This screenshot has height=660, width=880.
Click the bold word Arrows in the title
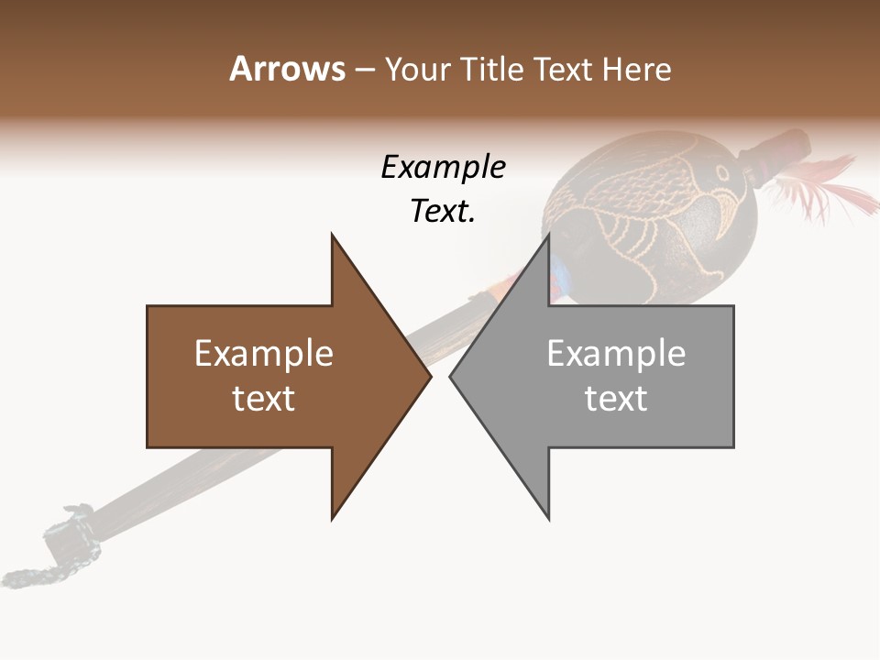(x=286, y=69)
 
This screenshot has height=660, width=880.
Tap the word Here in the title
(x=636, y=69)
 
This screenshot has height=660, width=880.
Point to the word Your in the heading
(x=417, y=70)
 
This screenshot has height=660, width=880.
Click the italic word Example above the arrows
(x=443, y=167)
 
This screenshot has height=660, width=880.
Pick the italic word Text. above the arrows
(x=443, y=212)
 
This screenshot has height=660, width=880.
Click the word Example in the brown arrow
(x=263, y=354)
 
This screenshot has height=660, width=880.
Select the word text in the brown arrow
(x=263, y=399)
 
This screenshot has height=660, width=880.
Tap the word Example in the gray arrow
(x=616, y=354)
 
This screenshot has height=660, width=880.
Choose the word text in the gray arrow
(x=616, y=399)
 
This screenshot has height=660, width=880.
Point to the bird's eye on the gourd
(x=724, y=172)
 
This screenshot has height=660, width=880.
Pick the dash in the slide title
(x=364, y=70)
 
